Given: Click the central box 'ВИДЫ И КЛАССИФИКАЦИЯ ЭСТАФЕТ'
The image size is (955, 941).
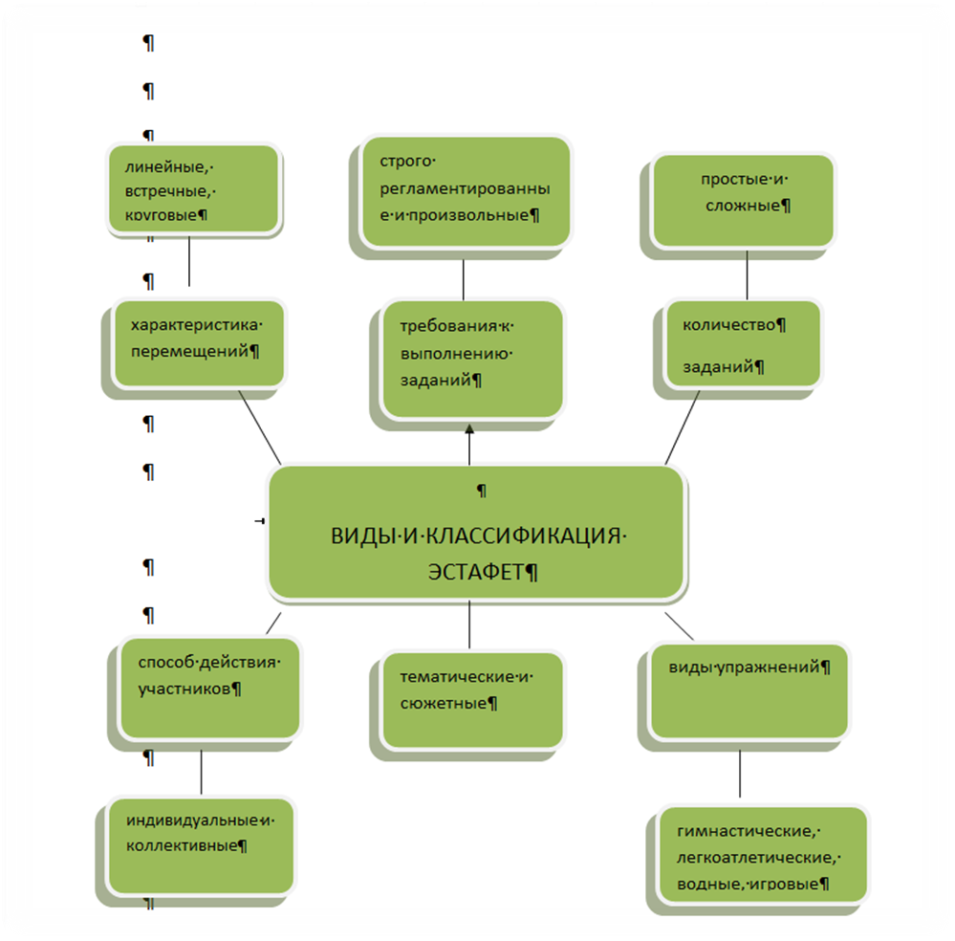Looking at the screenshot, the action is click(x=477, y=534).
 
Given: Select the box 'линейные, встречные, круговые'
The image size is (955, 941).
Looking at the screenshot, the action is click(x=194, y=189).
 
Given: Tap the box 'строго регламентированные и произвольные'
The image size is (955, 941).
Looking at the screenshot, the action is click(x=466, y=191).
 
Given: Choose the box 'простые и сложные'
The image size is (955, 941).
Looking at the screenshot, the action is click(x=743, y=201).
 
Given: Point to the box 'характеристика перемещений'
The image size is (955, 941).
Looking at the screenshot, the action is click(x=199, y=343).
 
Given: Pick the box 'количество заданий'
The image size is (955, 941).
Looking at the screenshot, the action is click(x=743, y=343).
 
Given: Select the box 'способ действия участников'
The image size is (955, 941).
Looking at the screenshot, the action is click(x=210, y=689).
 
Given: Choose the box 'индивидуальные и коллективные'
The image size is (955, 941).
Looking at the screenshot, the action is click(x=201, y=846).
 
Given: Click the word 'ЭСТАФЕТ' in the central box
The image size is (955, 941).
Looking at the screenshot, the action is click(x=476, y=572).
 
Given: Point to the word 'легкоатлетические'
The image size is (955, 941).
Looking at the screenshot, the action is click(x=755, y=858).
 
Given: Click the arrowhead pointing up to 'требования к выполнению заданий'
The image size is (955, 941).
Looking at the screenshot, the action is click(x=469, y=429).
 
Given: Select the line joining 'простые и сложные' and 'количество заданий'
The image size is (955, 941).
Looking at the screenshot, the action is click(x=747, y=274).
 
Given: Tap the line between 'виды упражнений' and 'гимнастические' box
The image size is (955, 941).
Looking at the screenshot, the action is click(x=740, y=773).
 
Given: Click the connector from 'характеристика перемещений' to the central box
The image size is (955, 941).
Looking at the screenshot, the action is click(x=260, y=427).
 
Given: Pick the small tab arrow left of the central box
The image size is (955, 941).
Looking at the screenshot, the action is click(x=259, y=520).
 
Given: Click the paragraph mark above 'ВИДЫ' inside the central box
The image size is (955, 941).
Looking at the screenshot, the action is click(x=481, y=491).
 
